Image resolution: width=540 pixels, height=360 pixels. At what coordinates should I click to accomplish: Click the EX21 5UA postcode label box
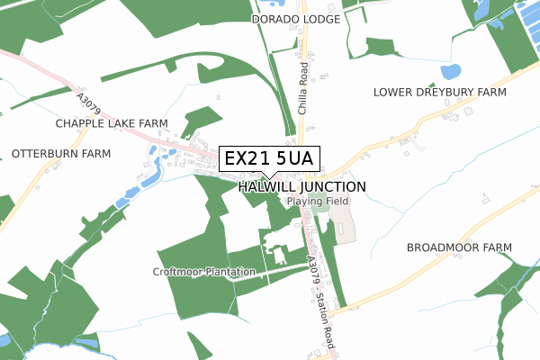click(x=267, y=158)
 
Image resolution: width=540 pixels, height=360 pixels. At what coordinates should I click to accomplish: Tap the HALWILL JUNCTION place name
click(x=302, y=186)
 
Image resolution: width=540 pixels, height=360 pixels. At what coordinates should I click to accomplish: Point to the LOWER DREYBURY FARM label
click(x=440, y=93)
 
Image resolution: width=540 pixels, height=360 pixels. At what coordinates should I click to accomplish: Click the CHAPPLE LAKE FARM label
click(x=112, y=122)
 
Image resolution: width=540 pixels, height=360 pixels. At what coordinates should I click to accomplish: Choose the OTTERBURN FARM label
click(x=61, y=154)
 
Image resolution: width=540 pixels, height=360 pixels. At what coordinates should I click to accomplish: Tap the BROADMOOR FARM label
click(x=459, y=247)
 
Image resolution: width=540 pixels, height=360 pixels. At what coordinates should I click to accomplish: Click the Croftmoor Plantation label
click(x=204, y=271)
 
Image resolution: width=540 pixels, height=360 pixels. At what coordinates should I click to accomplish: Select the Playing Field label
click(x=317, y=202)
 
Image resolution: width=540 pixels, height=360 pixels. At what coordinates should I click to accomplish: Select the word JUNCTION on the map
click(x=331, y=186)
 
